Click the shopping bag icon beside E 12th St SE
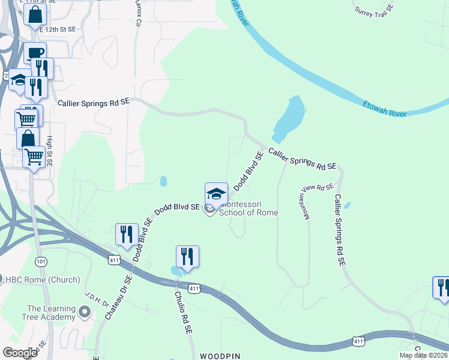tap(35, 13)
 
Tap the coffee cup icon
tap(35, 53)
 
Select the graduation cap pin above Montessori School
tap(216, 193)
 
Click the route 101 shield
tap(41, 262)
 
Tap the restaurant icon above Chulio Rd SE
tap(187, 256)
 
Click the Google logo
tap(20, 353)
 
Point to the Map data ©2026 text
tap(423, 355)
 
